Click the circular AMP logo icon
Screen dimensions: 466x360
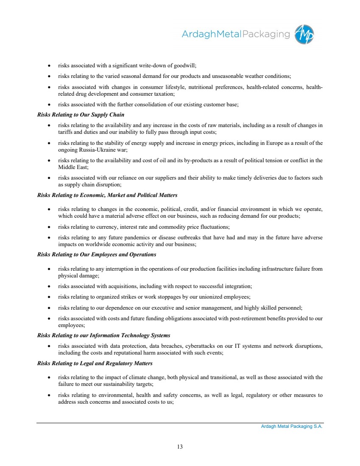[305, 34]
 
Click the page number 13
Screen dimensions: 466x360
[180, 446]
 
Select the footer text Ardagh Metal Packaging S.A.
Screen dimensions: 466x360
[292, 427]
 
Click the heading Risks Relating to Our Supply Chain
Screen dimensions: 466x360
[81, 115]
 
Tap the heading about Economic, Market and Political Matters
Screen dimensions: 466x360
[107, 195]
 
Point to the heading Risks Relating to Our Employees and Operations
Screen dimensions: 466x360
[97, 255]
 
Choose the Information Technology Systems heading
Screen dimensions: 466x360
[103, 336]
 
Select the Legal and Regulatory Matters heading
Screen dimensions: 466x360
[95, 363]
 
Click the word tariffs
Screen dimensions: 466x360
[65, 132]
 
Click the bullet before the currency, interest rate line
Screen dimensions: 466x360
[50, 227]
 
